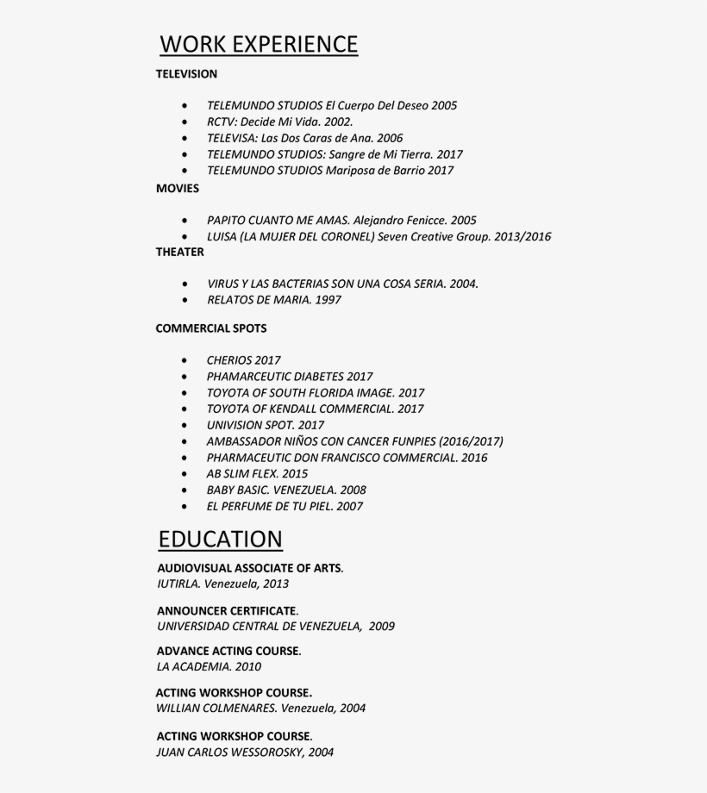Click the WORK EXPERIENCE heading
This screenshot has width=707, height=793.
(259, 44)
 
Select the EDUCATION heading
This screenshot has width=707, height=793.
(221, 540)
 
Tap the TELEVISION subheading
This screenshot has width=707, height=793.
(186, 74)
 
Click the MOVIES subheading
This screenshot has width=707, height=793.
(178, 188)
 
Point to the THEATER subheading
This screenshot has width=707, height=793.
(180, 252)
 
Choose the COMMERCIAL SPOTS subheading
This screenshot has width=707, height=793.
(211, 328)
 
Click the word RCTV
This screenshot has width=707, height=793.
(222, 122)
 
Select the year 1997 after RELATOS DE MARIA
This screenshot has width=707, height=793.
(328, 300)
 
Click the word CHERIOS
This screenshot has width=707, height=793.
(229, 360)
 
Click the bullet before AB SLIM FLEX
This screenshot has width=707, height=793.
(185, 474)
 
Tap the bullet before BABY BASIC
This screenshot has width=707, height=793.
(185, 490)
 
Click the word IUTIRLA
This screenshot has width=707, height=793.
(178, 584)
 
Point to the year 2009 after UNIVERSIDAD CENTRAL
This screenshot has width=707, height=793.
(381, 627)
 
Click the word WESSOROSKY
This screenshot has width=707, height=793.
(262, 752)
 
